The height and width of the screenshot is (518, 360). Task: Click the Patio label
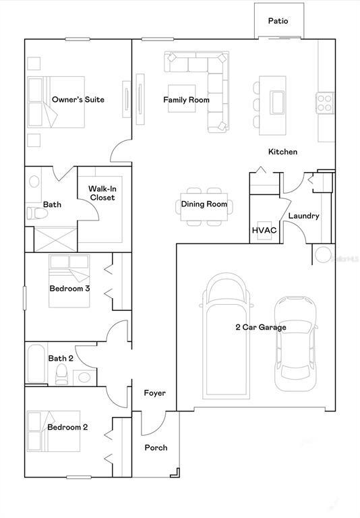278,21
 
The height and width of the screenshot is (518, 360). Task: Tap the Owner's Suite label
78,100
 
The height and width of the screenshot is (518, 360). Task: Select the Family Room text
186,100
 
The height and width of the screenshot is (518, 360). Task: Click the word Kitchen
282,152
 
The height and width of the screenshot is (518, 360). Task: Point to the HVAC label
264,230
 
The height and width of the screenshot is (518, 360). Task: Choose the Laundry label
303,216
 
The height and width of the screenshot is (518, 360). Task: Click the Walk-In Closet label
101,193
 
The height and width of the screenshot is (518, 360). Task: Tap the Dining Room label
204,204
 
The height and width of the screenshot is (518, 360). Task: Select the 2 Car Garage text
260,327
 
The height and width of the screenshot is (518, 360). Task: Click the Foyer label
154,393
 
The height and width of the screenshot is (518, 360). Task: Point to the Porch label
156,447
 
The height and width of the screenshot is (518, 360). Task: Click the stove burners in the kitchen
324,103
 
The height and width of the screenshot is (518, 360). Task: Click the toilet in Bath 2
61,373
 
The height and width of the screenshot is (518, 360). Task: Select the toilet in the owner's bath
37,214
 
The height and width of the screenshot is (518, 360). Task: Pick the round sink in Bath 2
85,376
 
